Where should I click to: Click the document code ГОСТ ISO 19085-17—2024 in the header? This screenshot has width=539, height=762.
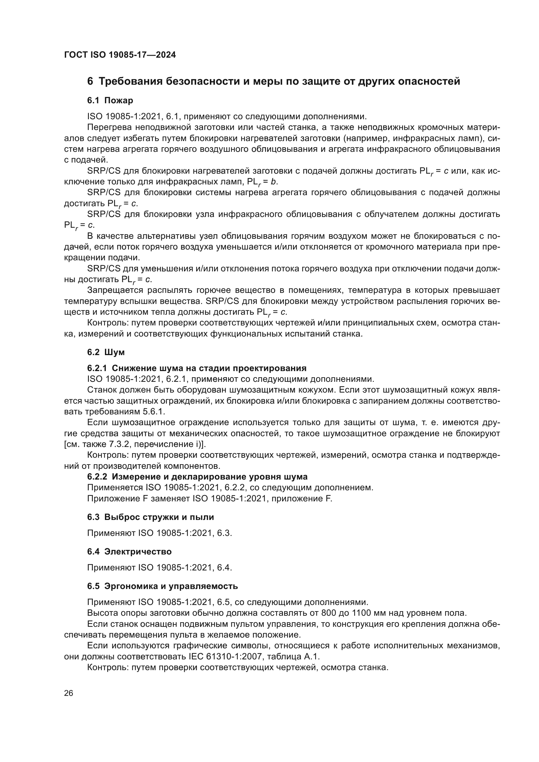click(120, 55)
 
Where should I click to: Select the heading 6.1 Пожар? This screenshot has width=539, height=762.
click(110, 100)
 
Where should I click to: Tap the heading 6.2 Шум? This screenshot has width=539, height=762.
click(106, 352)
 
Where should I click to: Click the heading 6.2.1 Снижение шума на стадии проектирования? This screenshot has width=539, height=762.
click(197, 368)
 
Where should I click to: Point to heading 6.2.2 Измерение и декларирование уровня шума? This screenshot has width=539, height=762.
click(197, 477)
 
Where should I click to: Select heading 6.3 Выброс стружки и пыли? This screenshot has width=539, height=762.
click(150, 517)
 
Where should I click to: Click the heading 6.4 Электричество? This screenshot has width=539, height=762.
click(129, 552)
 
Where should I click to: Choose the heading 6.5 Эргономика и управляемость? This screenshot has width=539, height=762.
click(162, 586)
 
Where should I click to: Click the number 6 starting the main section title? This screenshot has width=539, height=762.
click(90, 81)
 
